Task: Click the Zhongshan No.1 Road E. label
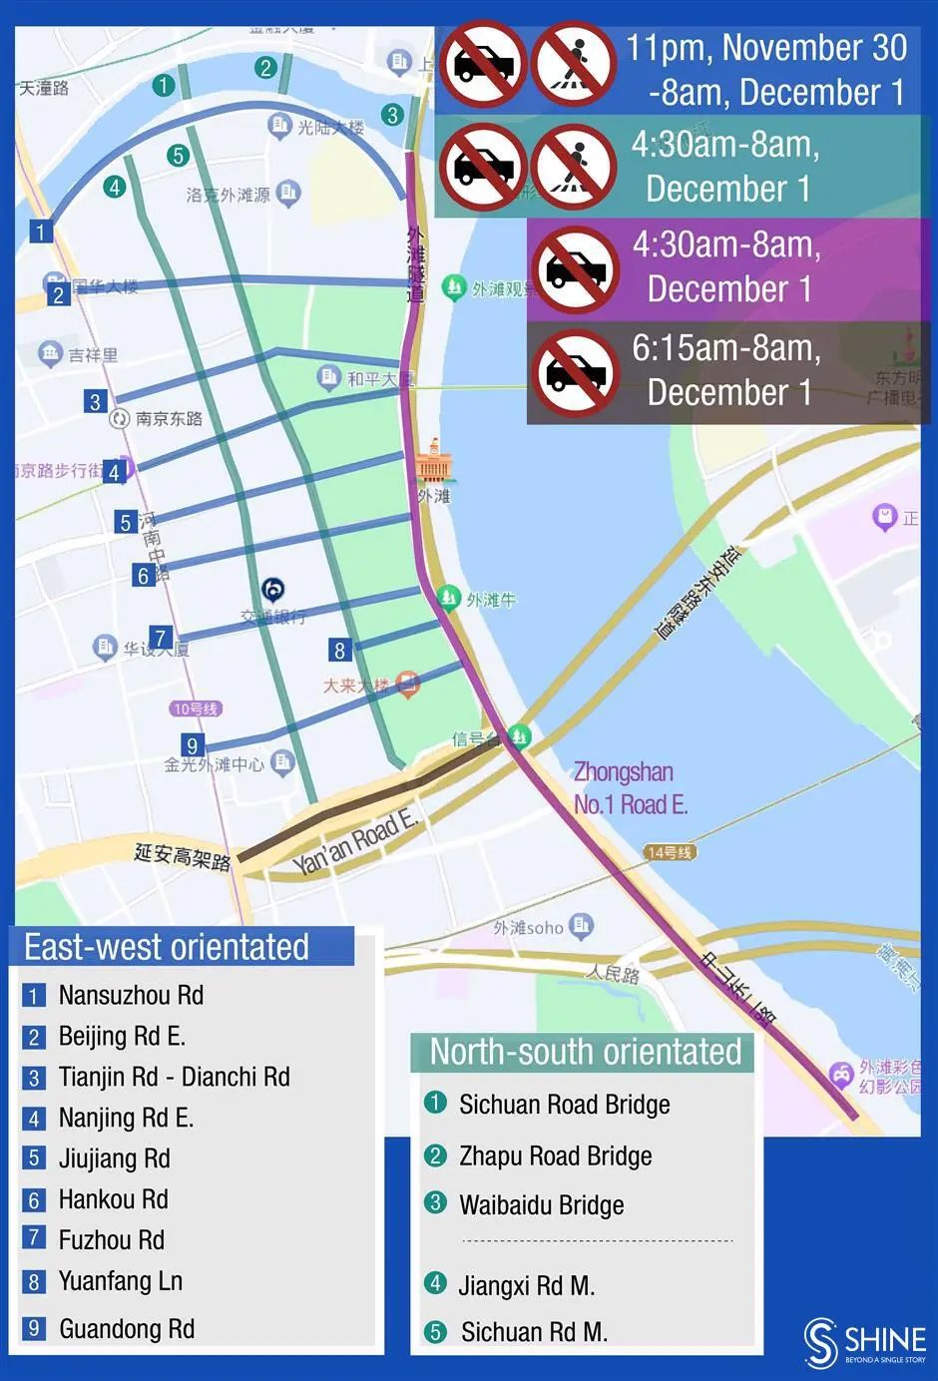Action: click(630, 787)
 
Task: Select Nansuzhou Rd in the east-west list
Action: click(130, 995)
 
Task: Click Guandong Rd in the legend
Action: click(126, 1328)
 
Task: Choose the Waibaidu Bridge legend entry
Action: click(541, 1204)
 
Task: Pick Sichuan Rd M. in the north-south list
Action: click(533, 1331)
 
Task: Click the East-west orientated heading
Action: click(167, 946)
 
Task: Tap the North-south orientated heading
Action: click(585, 1052)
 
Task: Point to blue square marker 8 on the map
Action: click(339, 651)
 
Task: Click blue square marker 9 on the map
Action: click(192, 744)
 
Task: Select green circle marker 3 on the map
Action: click(392, 115)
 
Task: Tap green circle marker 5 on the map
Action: click(178, 155)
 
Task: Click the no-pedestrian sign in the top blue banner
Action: click(573, 65)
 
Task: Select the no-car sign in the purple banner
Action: click(574, 269)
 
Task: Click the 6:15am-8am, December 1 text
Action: click(727, 369)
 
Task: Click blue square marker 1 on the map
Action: click(40, 231)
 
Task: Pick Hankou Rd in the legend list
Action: click(113, 1198)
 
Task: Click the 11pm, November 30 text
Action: click(766, 48)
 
